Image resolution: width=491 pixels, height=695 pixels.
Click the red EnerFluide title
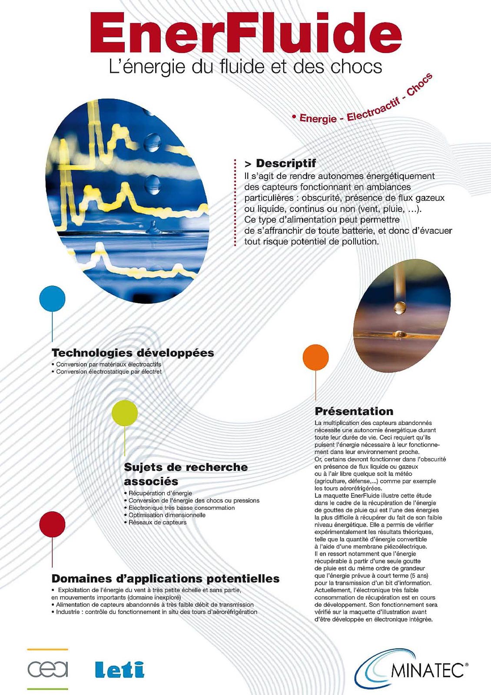point(245,33)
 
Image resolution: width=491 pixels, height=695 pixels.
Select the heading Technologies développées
point(133,353)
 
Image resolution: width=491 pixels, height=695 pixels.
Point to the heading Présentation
point(354,411)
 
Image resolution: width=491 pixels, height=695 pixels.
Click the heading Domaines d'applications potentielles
point(166,579)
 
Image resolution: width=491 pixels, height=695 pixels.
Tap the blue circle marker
point(52,298)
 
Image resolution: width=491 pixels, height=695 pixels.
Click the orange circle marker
point(315,357)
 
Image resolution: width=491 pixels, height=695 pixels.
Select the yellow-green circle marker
point(125,413)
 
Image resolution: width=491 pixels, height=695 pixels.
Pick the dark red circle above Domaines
point(52,524)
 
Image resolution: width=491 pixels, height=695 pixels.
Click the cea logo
point(48,669)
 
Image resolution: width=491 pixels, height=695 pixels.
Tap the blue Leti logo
point(119,669)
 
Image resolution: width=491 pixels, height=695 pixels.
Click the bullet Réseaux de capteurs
point(157,523)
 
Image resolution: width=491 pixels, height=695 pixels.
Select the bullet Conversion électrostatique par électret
point(109,372)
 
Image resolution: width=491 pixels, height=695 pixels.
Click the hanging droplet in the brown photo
point(399,308)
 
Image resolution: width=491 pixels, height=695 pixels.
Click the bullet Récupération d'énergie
point(160,493)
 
